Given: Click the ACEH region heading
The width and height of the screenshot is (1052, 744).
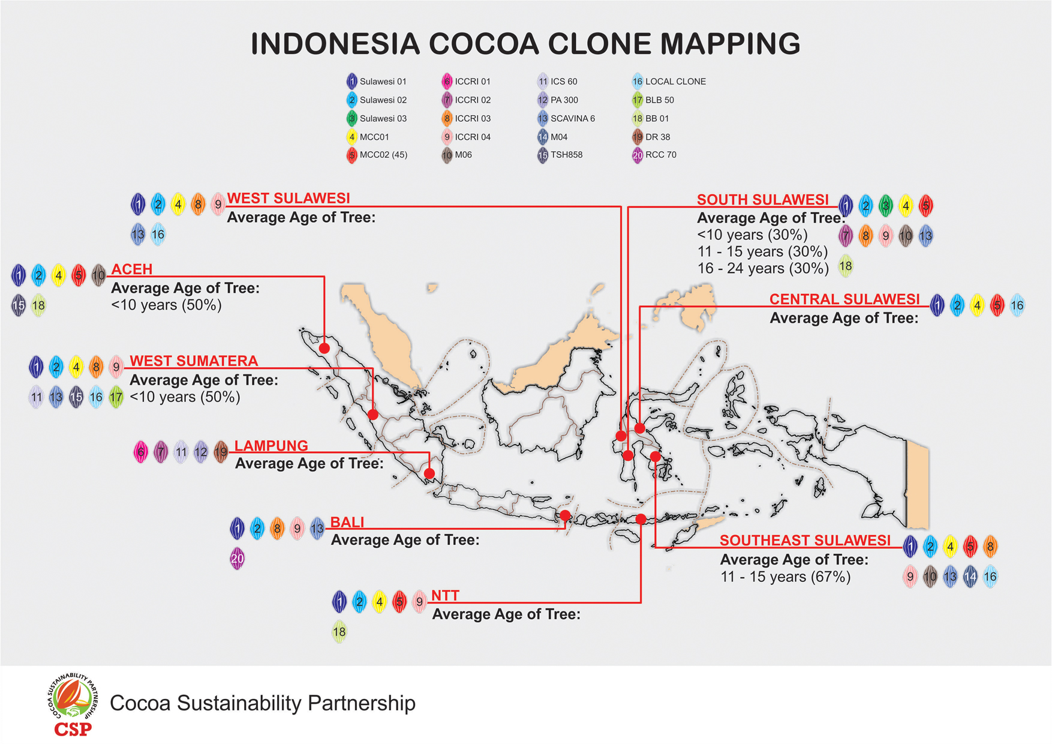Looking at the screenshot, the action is pyautogui.click(x=132, y=269).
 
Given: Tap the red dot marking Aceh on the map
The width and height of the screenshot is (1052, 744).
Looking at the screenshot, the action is pyautogui.click(x=324, y=348).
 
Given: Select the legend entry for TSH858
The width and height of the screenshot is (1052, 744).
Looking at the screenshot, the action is pyautogui.click(x=560, y=155).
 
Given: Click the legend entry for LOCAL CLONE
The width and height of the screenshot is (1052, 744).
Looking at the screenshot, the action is pyautogui.click(x=669, y=82).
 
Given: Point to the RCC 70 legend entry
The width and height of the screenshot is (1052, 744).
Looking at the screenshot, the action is pyautogui.click(x=654, y=155).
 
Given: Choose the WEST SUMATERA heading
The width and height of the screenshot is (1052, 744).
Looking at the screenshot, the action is pyautogui.click(x=194, y=361).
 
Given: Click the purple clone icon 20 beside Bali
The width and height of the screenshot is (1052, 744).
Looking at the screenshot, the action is pyautogui.click(x=238, y=559).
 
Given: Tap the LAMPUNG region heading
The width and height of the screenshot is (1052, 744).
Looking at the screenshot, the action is pyautogui.click(x=271, y=446).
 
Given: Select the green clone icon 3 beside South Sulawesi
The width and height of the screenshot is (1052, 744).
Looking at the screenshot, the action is pyautogui.click(x=885, y=206).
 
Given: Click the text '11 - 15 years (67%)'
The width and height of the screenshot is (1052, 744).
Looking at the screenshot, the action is pyautogui.click(x=785, y=577).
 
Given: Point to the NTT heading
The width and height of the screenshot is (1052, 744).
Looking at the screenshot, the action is pyautogui.click(x=445, y=596).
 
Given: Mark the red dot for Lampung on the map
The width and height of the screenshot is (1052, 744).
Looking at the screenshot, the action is pyautogui.click(x=429, y=473).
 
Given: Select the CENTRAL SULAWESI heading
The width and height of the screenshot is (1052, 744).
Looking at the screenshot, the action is pyautogui.click(x=844, y=299).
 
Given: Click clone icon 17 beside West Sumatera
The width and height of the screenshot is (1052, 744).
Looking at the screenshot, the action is pyautogui.click(x=116, y=397).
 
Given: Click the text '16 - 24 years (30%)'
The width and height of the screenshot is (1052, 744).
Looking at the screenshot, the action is pyautogui.click(x=763, y=268).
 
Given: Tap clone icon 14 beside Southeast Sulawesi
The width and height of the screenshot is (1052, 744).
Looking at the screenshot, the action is pyautogui.click(x=970, y=577).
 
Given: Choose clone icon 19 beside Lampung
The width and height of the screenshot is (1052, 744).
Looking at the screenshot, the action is pyautogui.click(x=221, y=451).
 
